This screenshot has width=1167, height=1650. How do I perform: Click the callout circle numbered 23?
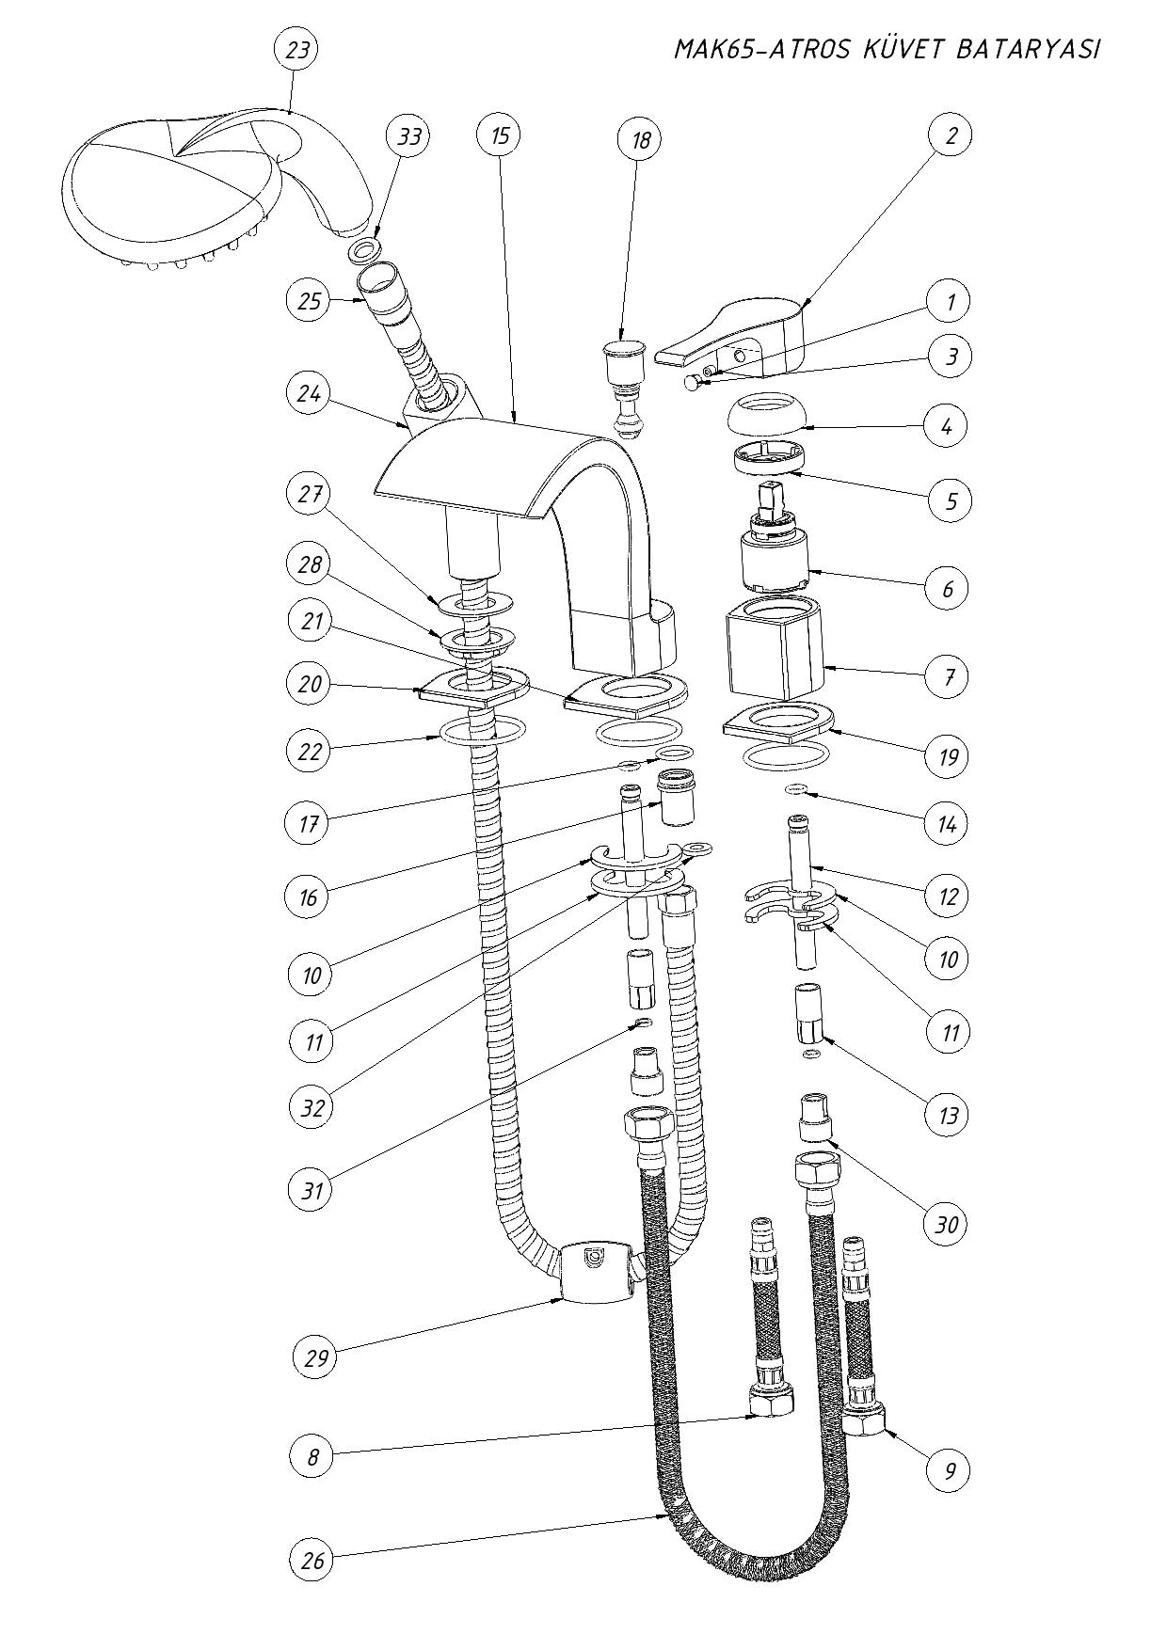coord(296,50)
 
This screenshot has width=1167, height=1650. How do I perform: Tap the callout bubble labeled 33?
coord(409,136)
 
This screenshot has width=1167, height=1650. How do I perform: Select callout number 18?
coord(640,141)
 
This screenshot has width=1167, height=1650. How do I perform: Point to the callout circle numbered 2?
coord(951,135)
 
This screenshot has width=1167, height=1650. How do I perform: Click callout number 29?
coord(312,1357)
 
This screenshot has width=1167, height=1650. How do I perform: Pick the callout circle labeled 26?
coord(312,1561)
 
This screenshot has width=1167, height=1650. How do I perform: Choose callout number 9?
coord(949,1469)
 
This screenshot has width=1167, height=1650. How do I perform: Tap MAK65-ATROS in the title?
coord(761,50)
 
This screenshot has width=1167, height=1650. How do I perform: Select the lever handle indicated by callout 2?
coord(743,334)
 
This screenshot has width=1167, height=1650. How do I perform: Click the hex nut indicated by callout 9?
coord(864,1419)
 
